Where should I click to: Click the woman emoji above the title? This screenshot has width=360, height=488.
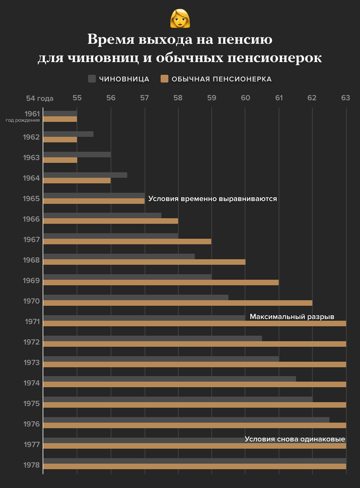point(180,18)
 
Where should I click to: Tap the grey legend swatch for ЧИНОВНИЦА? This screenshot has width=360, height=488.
point(92,79)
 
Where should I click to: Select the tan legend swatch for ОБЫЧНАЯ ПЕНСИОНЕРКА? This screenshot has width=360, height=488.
point(164,79)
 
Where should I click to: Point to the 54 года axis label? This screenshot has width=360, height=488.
point(40,98)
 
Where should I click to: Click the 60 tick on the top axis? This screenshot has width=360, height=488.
point(245,98)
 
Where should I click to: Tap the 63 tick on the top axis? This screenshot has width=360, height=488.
point(346,98)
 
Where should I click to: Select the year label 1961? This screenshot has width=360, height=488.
point(32,114)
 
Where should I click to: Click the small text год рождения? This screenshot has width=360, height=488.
point(22,120)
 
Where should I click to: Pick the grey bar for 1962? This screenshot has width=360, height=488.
point(68,133)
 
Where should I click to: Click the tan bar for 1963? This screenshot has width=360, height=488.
point(60,160)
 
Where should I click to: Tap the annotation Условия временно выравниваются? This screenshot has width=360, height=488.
point(213,198)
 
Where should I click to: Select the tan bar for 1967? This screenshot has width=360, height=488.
point(127,242)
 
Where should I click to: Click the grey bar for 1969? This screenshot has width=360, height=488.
point(127,276)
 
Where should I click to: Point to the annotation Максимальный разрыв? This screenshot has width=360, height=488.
point(292,317)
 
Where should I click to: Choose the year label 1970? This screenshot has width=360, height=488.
point(32,301)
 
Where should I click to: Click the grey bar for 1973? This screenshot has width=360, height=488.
point(161,358)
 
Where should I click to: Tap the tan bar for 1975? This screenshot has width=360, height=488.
point(194,405)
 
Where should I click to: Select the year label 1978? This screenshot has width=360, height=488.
point(32,465)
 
